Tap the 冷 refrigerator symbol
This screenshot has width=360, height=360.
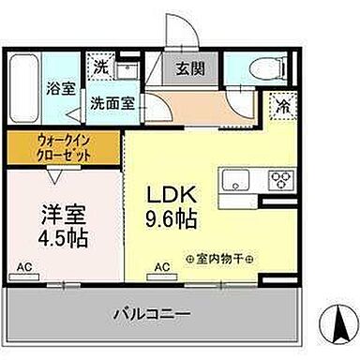[282, 107]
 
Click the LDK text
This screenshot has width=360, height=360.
[170, 195]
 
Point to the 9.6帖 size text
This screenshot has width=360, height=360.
[170, 222]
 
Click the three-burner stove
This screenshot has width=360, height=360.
[279, 179]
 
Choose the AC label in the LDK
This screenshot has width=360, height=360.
[161, 267]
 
